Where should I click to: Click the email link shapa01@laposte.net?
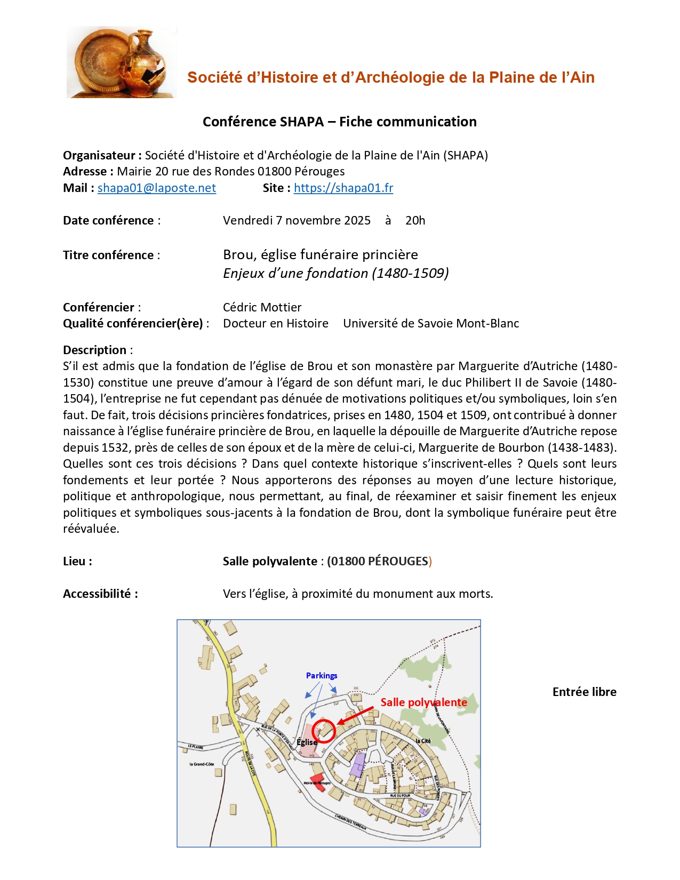click(x=156, y=188)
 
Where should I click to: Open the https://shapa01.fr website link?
click(x=343, y=188)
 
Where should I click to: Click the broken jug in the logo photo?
click(x=145, y=64)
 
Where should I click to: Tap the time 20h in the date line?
click(x=415, y=221)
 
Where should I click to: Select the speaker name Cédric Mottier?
click(x=262, y=308)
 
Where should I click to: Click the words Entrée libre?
click(x=584, y=692)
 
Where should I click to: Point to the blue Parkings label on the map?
click(x=321, y=676)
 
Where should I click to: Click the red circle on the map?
click(x=324, y=731)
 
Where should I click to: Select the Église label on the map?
click(x=307, y=742)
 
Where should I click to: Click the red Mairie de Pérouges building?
click(x=318, y=782)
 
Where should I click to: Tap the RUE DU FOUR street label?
click(x=400, y=796)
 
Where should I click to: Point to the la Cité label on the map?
click(x=423, y=741)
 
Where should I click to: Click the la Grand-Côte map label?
click(x=202, y=764)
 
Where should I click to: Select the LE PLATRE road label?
click(x=195, y=747)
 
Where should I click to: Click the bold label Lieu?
click(x=77, y=562)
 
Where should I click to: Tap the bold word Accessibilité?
click(x=100, y=594)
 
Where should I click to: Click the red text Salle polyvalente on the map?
click(x=423, y=702)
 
